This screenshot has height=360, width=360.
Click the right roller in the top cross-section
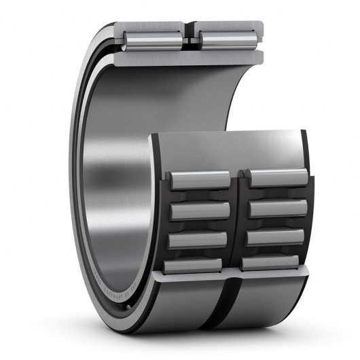point(226,40)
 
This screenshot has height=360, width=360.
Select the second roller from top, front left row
point(200,211)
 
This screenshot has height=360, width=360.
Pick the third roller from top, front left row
point(200,240)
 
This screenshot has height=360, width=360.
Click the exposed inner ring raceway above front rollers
point(224,146)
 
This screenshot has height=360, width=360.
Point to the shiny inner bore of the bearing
point(115,170)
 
